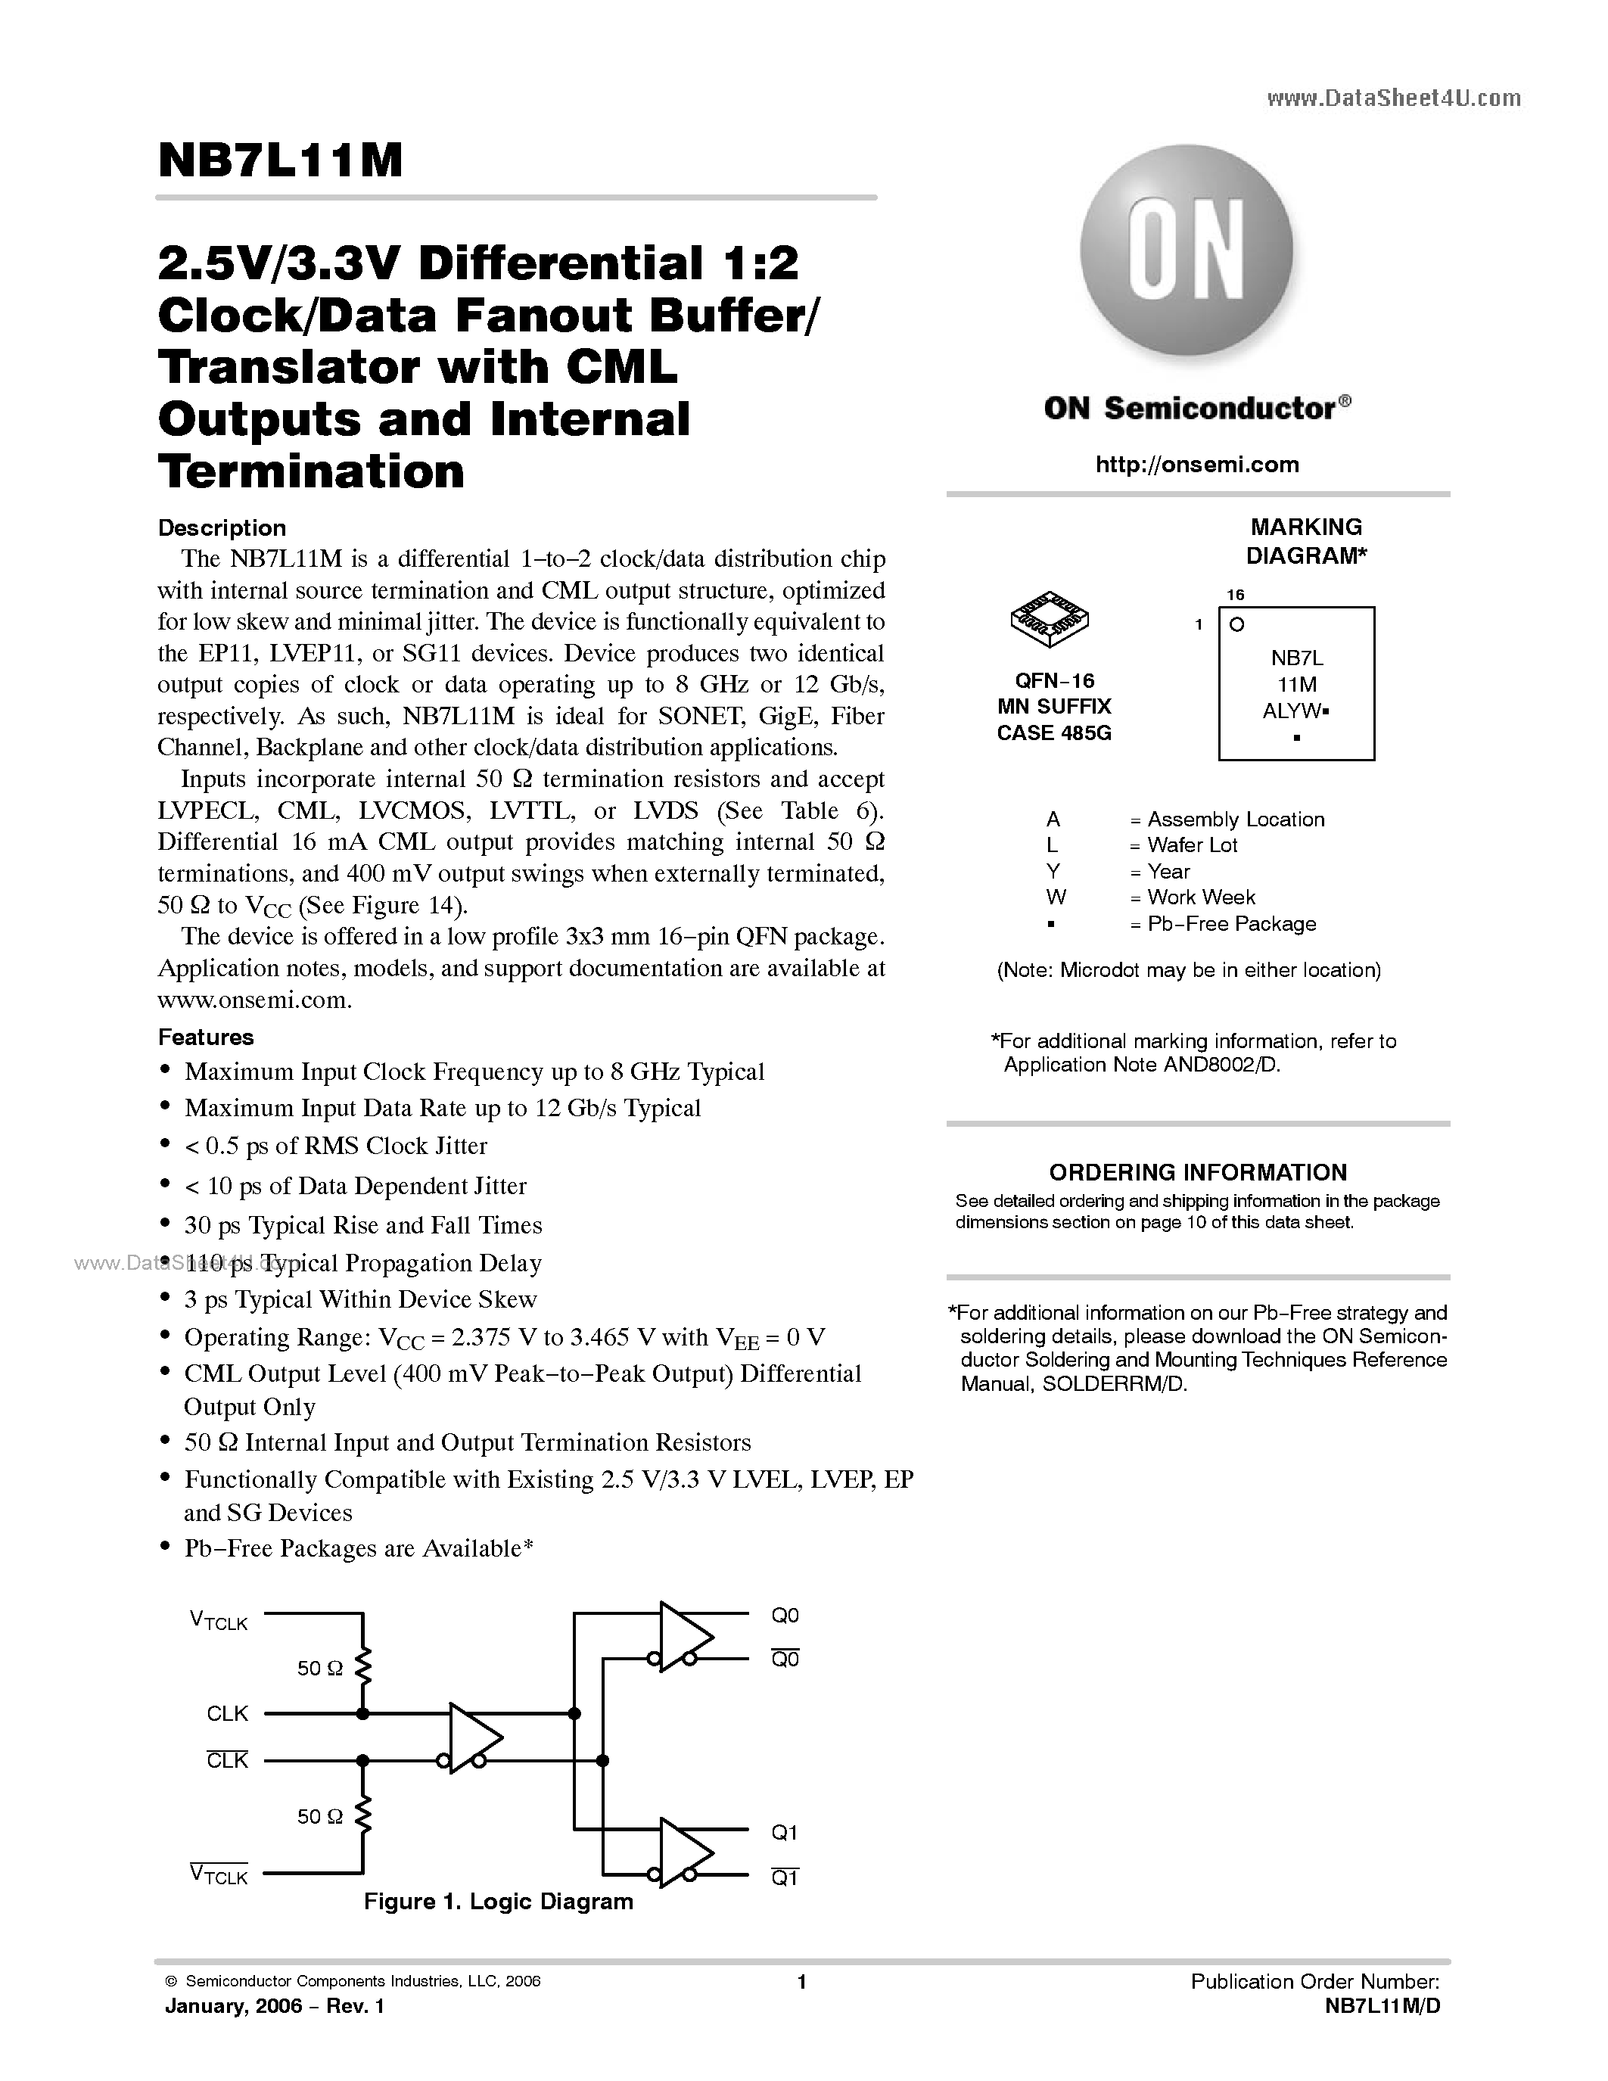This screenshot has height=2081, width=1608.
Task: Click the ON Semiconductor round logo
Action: point(1186,250)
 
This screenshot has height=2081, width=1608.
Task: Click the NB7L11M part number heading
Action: point(281,160)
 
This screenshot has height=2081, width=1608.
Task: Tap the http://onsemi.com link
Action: point(1196,465)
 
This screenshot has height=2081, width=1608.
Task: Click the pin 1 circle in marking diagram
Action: point(1236,625)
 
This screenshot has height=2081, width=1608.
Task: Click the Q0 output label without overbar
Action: point(785,1615)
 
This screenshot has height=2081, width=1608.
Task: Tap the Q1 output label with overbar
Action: point(785,1878)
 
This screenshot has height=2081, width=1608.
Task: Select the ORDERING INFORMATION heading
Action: point(1197,1172)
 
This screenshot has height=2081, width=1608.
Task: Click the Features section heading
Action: point(206,1037)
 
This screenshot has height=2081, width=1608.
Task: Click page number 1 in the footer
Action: point(802,1982)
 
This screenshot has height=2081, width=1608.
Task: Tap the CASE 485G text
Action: point(1053,733)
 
